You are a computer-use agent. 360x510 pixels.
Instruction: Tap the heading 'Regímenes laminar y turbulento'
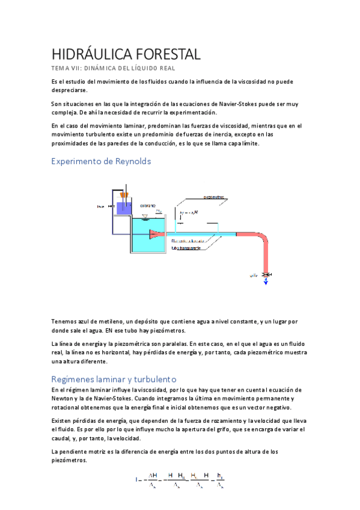tap(114, 379)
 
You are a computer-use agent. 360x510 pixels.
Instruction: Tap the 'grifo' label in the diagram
tap(254, 275)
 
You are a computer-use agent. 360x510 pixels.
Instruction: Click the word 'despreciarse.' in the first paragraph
tap(69, 90)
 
